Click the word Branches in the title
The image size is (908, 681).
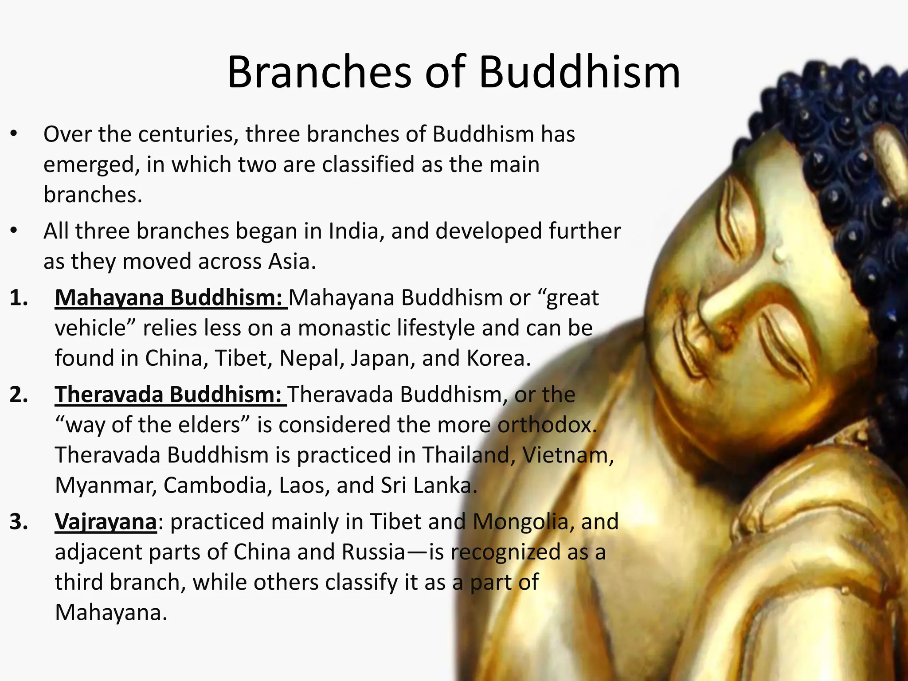point(319,72)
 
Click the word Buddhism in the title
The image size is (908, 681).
point(579,72)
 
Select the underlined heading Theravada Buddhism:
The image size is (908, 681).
point(171,394)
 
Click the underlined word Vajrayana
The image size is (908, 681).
point(106,521)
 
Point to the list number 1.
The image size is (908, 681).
point(19,298)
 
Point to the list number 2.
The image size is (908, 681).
point(19,395)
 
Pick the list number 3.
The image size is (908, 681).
point(19,522)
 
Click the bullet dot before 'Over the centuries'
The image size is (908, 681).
point(14,133)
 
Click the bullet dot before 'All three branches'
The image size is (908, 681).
point(14,231)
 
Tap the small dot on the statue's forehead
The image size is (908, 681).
point(779,256)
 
